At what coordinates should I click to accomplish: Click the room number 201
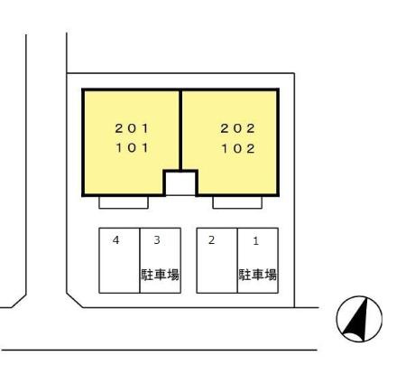[x=132, y=128]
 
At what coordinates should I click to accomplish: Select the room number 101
[x=133, y=148]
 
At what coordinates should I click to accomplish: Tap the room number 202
[x=237, y=128]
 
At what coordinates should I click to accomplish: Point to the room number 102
[x=238, y=148]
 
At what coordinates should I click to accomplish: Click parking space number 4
[x=115, y=240]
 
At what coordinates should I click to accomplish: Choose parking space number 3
[x=157, y=240]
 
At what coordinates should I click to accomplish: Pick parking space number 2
[x=211, y=240]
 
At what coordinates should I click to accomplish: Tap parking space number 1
[x=255, y=241]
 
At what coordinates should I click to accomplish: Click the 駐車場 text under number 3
[x=160, y=275]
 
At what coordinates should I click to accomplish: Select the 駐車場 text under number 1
[x=258, y=275]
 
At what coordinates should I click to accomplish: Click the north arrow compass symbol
[x=359, y=319]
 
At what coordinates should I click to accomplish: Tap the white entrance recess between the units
[x=180, y=183]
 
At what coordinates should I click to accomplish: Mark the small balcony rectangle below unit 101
[x=124, y=202]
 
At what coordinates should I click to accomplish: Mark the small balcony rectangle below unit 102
[x=237, y=202]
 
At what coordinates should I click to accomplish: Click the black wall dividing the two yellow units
[x=180, y=130]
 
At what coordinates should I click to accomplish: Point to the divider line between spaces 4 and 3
[x=140, y=260]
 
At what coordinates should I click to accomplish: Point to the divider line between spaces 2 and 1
[x=237, y=260]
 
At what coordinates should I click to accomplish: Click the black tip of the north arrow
[x=367, y=297]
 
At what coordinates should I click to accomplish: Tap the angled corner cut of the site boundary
[x=75, y=300]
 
